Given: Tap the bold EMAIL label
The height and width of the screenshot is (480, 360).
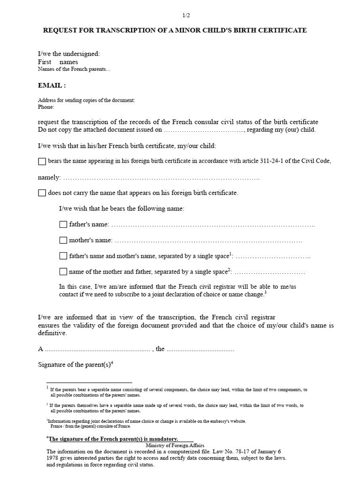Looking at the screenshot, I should tap(52, 85).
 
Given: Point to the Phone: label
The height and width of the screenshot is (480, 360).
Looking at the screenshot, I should tap(46, 107).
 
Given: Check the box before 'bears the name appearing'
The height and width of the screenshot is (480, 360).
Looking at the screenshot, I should tap(42, 161).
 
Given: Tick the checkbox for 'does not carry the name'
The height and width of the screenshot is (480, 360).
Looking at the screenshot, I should tap(42, 193).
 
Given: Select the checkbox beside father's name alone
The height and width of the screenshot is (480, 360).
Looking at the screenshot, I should tap(63, 225).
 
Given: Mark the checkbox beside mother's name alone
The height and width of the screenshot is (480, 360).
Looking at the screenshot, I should tap(63, 240).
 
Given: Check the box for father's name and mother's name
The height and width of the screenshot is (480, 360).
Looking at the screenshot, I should tap(63, 256).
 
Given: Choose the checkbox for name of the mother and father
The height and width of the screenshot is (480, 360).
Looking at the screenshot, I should tap(63, 271).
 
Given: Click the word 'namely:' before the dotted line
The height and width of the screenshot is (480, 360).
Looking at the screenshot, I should tap(49, 177).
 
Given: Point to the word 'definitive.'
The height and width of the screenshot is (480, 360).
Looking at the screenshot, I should tap(52, 333).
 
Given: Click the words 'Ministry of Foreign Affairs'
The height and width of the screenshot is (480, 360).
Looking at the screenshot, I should tap(175, 445).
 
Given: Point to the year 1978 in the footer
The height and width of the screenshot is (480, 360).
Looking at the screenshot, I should tap(53, 458).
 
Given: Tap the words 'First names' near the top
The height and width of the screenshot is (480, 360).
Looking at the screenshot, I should tap(58, 62).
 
